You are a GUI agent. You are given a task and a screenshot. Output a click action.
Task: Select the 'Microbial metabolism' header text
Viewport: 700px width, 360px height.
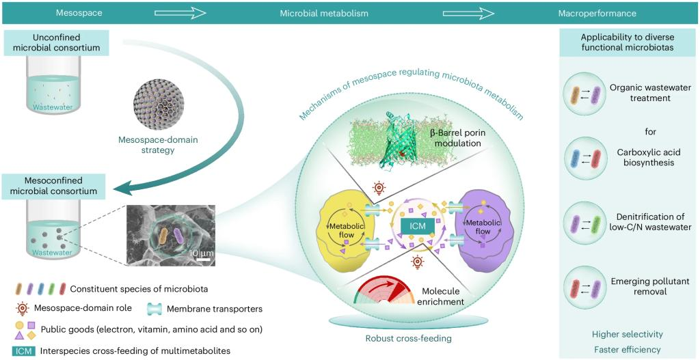[x=324, y=13]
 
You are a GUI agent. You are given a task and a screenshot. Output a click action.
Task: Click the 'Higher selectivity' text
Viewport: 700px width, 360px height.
[x=628, y=334]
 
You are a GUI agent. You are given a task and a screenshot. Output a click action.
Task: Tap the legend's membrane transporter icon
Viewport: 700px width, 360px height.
[x=157, y=309]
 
